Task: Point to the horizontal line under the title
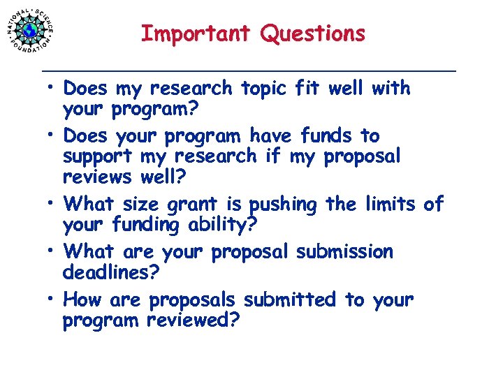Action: tap(249, 71)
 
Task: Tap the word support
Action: tap(98, 156)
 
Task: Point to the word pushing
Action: tap(283, 204)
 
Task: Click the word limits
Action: tap(391, 204)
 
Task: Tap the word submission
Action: tap(344, 251)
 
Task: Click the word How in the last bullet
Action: tap(82, 300)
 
